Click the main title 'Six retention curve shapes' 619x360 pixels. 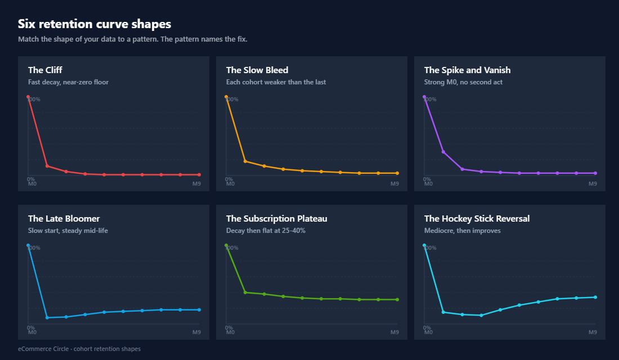pos(94,24)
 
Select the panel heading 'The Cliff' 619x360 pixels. pos(45,70)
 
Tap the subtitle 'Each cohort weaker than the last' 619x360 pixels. pos(276,82)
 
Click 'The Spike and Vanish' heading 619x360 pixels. pos(467,70)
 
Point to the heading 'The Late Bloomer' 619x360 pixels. pos(64,219)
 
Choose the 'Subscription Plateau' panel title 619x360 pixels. pos(276,219)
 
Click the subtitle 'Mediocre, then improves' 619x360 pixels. pos(462,231)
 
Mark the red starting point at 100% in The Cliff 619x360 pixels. pos(28,97)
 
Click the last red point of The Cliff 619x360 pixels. pos(199,175)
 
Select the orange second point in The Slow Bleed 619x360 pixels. pos(245,161)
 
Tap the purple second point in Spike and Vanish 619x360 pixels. pos(443,152)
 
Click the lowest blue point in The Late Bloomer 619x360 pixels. pos(47,318)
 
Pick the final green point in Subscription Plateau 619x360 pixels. pos(397,300)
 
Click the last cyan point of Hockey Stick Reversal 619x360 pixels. pos(595,298)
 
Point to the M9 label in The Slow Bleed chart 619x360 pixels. pos(394,184)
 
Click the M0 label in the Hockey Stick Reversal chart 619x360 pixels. pos(428,332)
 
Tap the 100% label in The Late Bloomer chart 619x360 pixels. pos(34,248)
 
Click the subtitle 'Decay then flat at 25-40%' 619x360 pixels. pos(266,231)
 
